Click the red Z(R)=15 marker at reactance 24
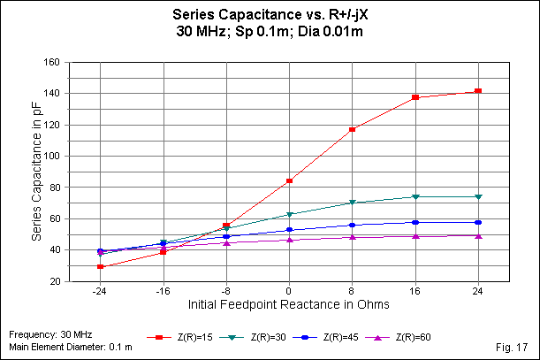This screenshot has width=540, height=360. click(478, 91)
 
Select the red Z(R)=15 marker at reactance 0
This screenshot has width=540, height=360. click(289, 180)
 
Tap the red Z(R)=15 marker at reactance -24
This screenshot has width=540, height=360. click(101, 266)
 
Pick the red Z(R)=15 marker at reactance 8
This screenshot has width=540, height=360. click(352, 129)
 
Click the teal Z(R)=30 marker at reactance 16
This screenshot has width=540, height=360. click(415, 196)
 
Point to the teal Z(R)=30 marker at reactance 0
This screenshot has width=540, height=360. click(289, 214)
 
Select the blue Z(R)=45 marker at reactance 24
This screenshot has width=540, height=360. click(478, 222)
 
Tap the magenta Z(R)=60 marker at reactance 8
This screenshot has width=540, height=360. click(352, 237)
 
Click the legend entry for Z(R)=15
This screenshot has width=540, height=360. click(182, 337)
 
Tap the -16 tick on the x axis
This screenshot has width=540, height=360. click(164, 289)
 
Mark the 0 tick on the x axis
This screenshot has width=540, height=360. click(289, 289)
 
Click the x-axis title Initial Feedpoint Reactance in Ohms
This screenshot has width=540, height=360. click(288, 304)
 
